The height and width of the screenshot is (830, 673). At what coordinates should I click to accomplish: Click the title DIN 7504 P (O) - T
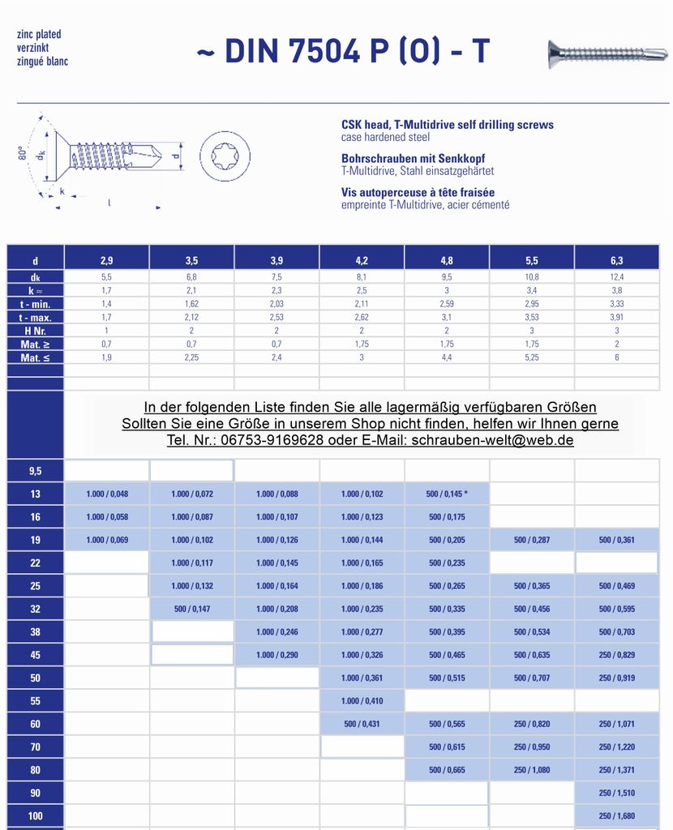click(343, 51)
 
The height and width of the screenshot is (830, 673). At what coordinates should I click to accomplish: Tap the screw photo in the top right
click(607, 53)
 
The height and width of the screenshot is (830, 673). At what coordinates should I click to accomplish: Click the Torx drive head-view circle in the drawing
click(225, 156)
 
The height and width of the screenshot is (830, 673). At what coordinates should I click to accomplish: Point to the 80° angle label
click(24, 152)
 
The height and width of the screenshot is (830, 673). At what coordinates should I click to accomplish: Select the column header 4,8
click(447, 260)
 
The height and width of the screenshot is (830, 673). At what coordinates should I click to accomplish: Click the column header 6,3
click(616, 260)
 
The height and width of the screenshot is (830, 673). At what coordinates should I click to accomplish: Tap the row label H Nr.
click(35, 331)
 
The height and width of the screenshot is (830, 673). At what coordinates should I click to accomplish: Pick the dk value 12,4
click(616, 277)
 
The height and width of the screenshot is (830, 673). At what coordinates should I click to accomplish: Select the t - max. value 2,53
click(276, 318)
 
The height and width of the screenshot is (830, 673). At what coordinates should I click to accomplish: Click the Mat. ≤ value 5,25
click(532, 357)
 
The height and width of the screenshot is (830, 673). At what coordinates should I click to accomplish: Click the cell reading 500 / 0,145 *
click(447, 494)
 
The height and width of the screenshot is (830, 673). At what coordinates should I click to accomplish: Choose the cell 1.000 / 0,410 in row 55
click(362, 700)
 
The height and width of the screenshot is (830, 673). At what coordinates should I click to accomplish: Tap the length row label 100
click(35, 815)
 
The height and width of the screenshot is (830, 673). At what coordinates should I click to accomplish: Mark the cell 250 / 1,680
click(616, 815)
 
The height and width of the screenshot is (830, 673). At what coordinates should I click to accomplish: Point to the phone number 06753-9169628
click(272, 440)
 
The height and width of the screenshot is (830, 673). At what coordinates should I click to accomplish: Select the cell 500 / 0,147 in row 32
click(191, 609)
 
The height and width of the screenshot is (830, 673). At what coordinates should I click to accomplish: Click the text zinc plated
click(39, 35)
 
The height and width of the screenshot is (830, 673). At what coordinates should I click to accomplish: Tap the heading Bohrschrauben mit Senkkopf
click(413, 159)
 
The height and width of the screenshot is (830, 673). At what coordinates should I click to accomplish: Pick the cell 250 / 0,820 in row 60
click(532, 724)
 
